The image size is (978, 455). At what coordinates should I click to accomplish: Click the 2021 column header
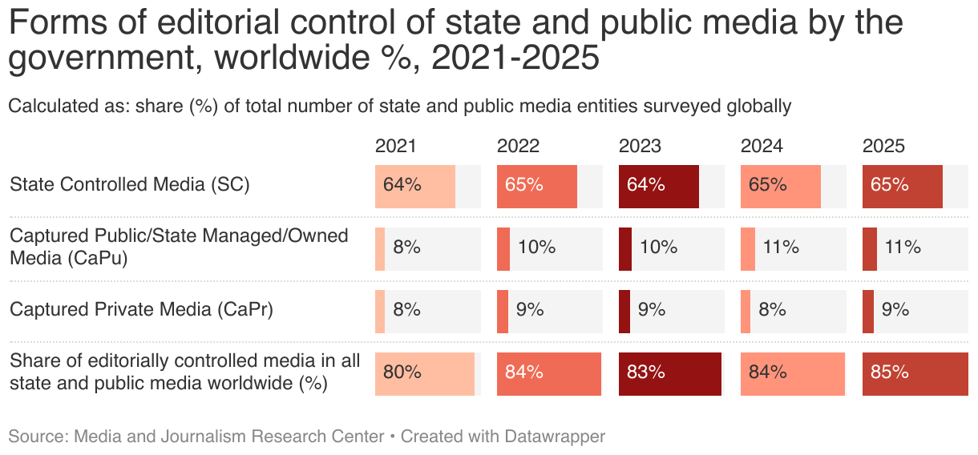click(x=395, y=146)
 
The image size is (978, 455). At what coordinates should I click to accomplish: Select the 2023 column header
click(x=639, y=146)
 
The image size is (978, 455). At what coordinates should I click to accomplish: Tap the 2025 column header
click(x=883, y=146)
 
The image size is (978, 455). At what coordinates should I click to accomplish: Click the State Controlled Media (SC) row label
click(x=130, y=184)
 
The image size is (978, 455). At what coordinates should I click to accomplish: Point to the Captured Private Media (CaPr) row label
click(x=141, y=310)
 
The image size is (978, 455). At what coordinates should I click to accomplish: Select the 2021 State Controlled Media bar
click(x=415, y=187)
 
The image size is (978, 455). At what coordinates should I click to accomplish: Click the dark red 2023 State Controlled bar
click(x=659, y=187)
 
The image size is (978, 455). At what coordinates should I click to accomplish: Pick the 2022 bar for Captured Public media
click(x=503, y=248)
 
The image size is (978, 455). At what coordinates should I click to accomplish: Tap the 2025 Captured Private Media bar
click(x=868, y=311)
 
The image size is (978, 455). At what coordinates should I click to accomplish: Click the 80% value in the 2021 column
click(x=402, y=372)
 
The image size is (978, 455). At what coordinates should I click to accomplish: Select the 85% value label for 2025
click(x=890, y=372)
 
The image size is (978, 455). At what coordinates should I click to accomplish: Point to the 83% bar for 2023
click(x=670, y=374)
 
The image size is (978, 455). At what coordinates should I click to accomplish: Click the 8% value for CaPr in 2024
click(x=772, y=310)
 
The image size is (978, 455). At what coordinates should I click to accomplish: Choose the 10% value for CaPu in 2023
click(x=658, y=248)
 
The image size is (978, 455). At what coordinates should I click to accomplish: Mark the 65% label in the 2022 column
click(x=524, y=184)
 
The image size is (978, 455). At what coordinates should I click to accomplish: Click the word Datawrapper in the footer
click(x=555, y=437)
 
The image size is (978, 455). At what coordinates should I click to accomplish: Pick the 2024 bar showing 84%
click(x=793, y=374)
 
